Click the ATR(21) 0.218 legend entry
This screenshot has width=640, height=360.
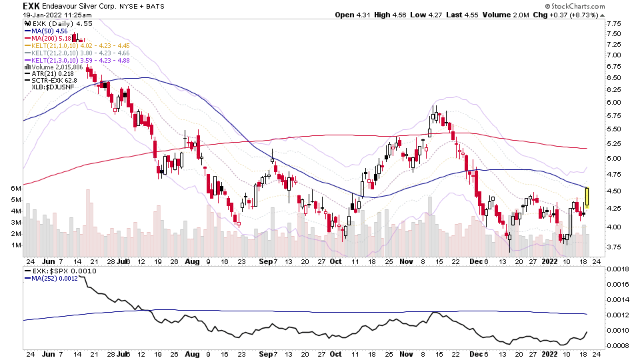(52, 73)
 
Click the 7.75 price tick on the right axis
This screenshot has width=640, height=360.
(613, 23)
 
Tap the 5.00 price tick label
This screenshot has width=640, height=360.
(613, 159)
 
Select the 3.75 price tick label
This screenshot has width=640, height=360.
(613, 247)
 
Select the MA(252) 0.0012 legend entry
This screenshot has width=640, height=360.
(57, 279)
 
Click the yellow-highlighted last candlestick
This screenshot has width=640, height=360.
(587, 198)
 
